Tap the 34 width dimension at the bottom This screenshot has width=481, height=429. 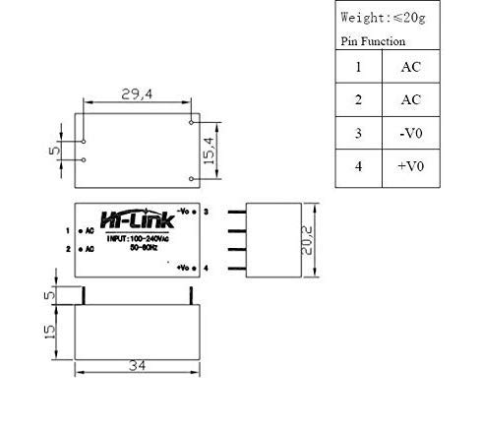[x=138, y=366]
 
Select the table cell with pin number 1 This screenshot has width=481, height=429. [x=359, y=68]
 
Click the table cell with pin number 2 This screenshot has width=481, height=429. [x=359, y=100]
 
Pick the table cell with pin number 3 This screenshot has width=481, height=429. [x=359, y=133]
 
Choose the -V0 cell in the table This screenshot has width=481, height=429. [x=412, y=133]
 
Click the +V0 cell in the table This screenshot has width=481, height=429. [x=412, y=166]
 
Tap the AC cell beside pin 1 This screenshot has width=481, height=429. [x=412, y=68]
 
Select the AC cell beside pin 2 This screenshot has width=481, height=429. [x=412, y=100]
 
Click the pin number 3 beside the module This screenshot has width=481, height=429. [x=206, y=211]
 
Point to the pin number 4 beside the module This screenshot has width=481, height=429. [x=206, y=268]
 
